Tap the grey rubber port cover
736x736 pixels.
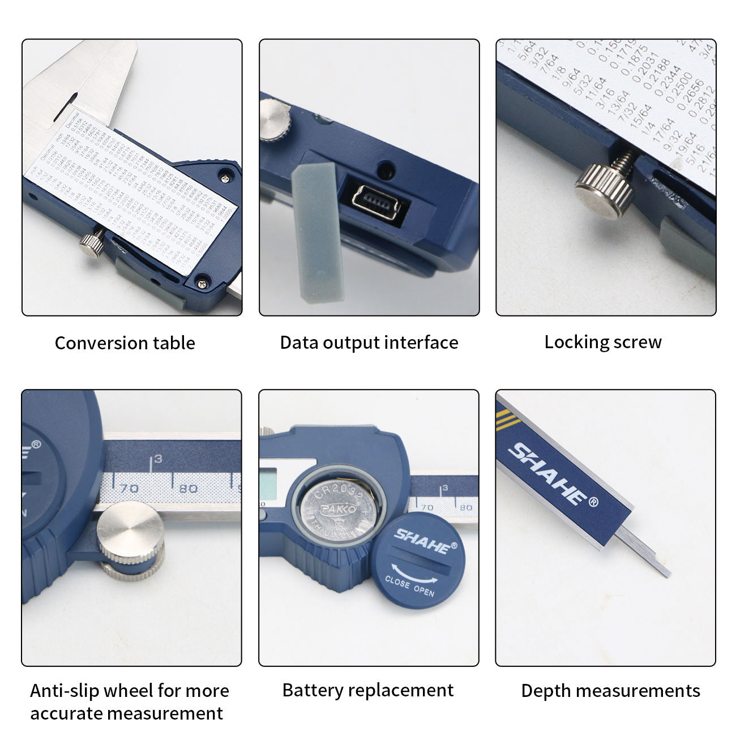(318, 232)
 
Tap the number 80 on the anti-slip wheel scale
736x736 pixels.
(188, 488)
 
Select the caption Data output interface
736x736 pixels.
(369, 343)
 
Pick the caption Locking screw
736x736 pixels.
(603, 342)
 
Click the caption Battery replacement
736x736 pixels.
(368, 690)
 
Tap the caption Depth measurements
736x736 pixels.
(610, 691)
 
